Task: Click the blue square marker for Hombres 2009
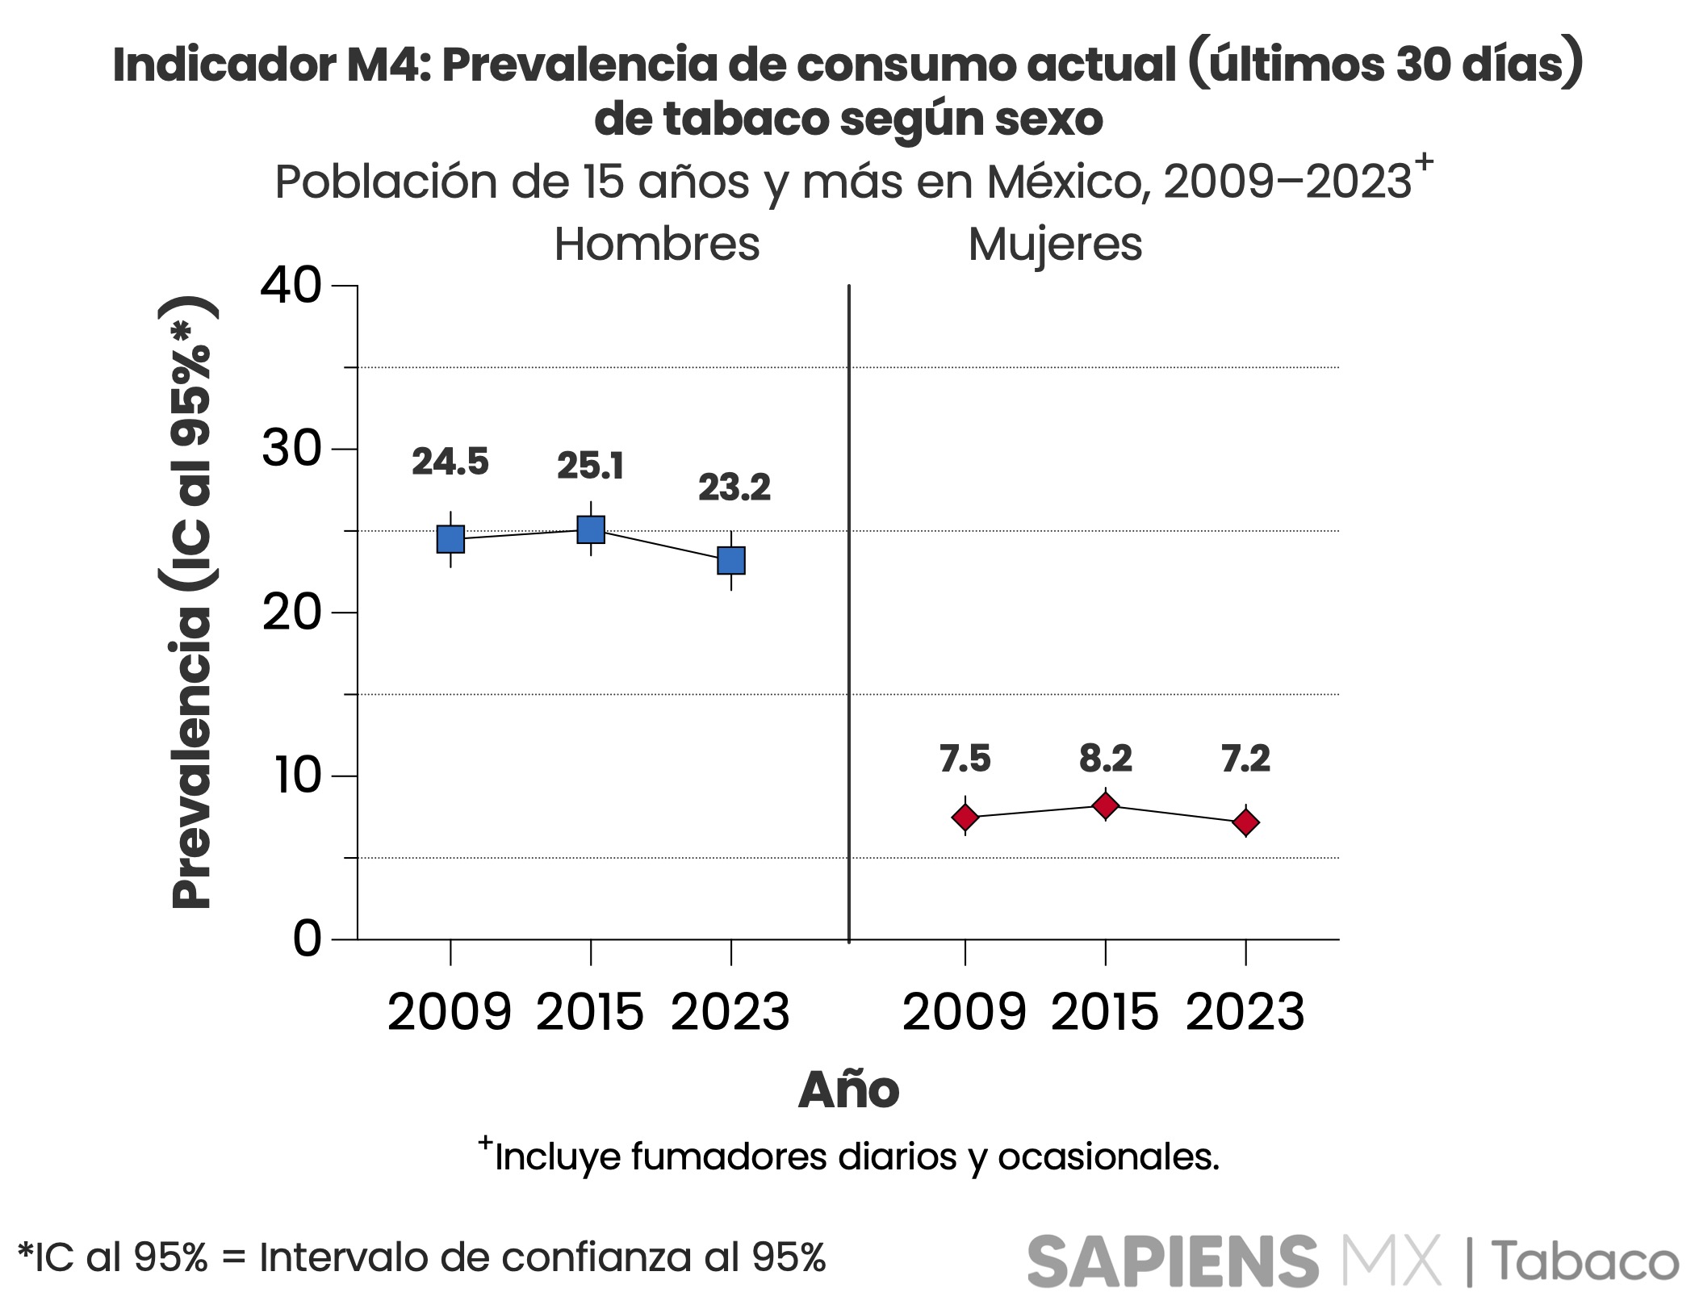click(450, 539)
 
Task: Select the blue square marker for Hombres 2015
click(591, 529)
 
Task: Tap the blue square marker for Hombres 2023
click(731, 560)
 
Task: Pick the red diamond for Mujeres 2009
click(965, 818)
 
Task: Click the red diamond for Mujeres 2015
click(1105, 805)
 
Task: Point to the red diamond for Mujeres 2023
click(1246, 822)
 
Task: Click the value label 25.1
click(591, 466)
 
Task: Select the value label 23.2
click(734, 487)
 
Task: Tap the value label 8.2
click(1106, 759)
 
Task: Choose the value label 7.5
click(965, 759)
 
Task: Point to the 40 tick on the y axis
click(291, 286)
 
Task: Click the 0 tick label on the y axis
click(308, 939)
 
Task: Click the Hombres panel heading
click(657, 245)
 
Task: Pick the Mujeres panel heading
click(1055, 245)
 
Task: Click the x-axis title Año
click(848, 1090)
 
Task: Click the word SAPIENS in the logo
click(1172, 1261)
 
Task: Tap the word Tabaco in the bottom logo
click(1584, 1261)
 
